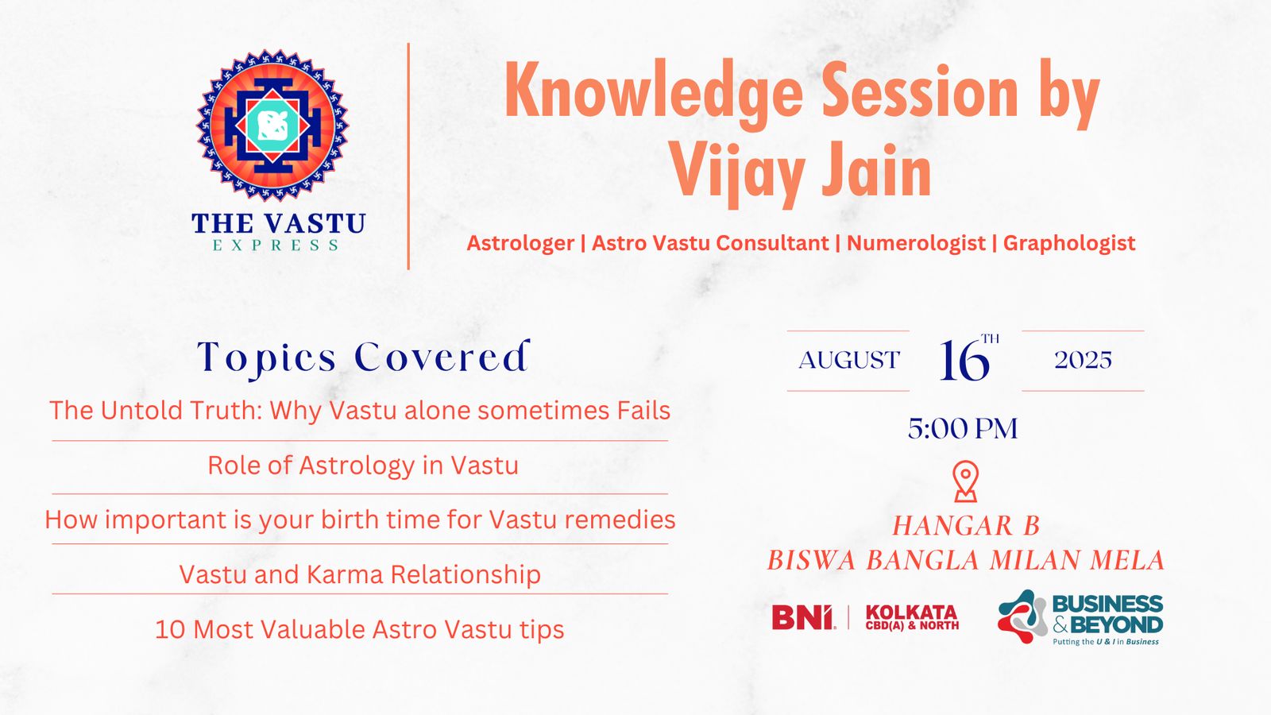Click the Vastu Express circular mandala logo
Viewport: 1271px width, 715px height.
point(273,126)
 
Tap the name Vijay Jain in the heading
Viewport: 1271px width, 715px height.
point(801,170)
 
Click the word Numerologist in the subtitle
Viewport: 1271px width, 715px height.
point(916,243)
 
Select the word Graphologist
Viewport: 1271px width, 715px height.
point(1069,243)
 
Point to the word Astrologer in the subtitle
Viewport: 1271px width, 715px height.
point(520,243)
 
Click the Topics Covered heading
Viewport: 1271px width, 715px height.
point(363,357)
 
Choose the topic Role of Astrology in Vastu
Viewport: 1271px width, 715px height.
point(363,466)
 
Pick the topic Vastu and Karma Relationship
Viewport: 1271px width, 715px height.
point(360,574)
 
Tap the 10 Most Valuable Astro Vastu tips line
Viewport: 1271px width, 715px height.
point(360,629)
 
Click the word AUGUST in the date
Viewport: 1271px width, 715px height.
point(849,361)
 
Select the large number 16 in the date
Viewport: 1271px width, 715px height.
point(964,361)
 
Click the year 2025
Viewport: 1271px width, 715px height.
point(1084,361)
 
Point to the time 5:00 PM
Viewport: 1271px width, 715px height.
point(963,428)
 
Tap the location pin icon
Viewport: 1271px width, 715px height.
point(966,481)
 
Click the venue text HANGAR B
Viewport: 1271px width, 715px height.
point(966,526)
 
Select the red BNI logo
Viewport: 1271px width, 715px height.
point(803,617)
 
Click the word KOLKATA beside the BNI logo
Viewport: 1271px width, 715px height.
point(912,613)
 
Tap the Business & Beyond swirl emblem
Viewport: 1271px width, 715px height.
point(1022,616)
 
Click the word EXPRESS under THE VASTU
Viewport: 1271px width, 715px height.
point(276,245)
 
